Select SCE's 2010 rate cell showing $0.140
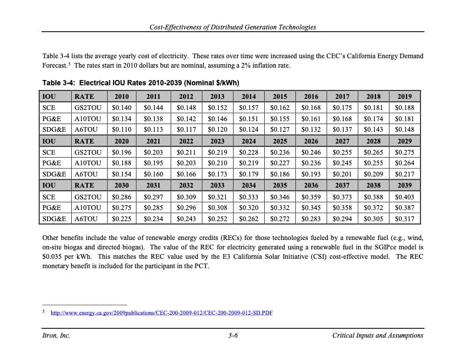pos(121,108)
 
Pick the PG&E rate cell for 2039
pos(405,208)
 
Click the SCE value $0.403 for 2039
pos(405,197)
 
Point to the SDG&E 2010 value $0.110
pos(121,129)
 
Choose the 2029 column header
pos(405,141)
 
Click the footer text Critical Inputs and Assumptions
pos(377,335)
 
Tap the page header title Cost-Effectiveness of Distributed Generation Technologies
pos(233,27)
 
